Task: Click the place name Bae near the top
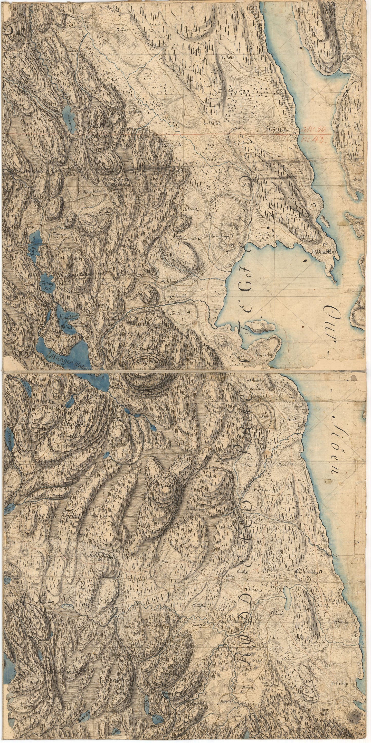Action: click(x=125, y=30)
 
